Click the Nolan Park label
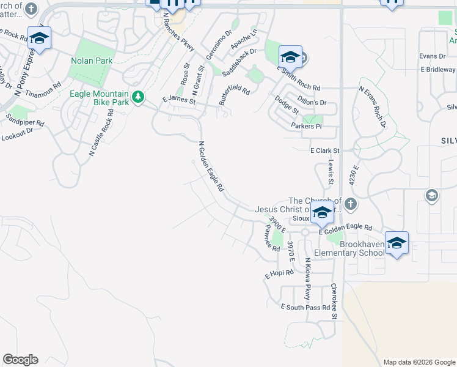coord(91,61)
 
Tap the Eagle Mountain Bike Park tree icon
coord(139,97)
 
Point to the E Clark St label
coord(324,150)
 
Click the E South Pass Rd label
coord(305,307)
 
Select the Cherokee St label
coord(334,301)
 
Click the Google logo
coord(20,360)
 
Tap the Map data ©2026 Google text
coord(419,362)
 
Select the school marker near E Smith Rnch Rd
coord(290,57)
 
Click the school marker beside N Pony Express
coord(40,38)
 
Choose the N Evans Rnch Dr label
coord(373,106)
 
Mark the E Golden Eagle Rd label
coord(345,228)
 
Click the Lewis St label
coord(331,173)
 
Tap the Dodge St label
coord(287,105)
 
